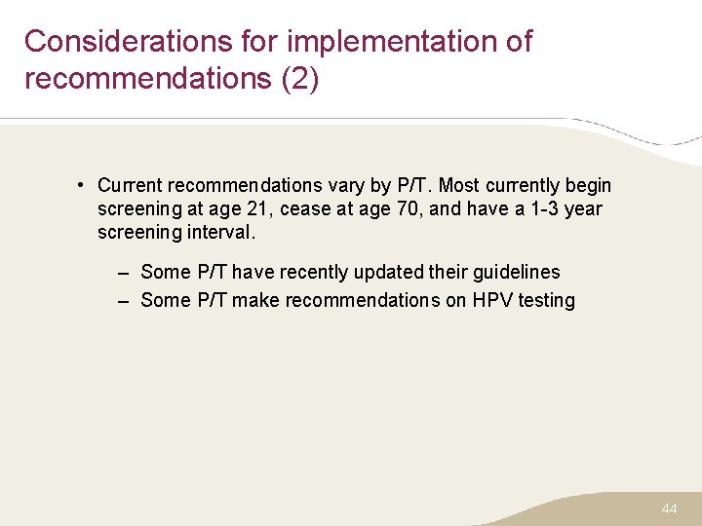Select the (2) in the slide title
[x=299, y=79]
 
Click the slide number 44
[x=669, y=508]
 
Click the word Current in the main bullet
[x=130, y=185]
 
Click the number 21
[x=262, y=208]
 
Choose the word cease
[x=305, y=208]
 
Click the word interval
[x=220, y=232]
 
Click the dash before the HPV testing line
[x=124, y=300]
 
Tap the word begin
[x=589, y=185]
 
